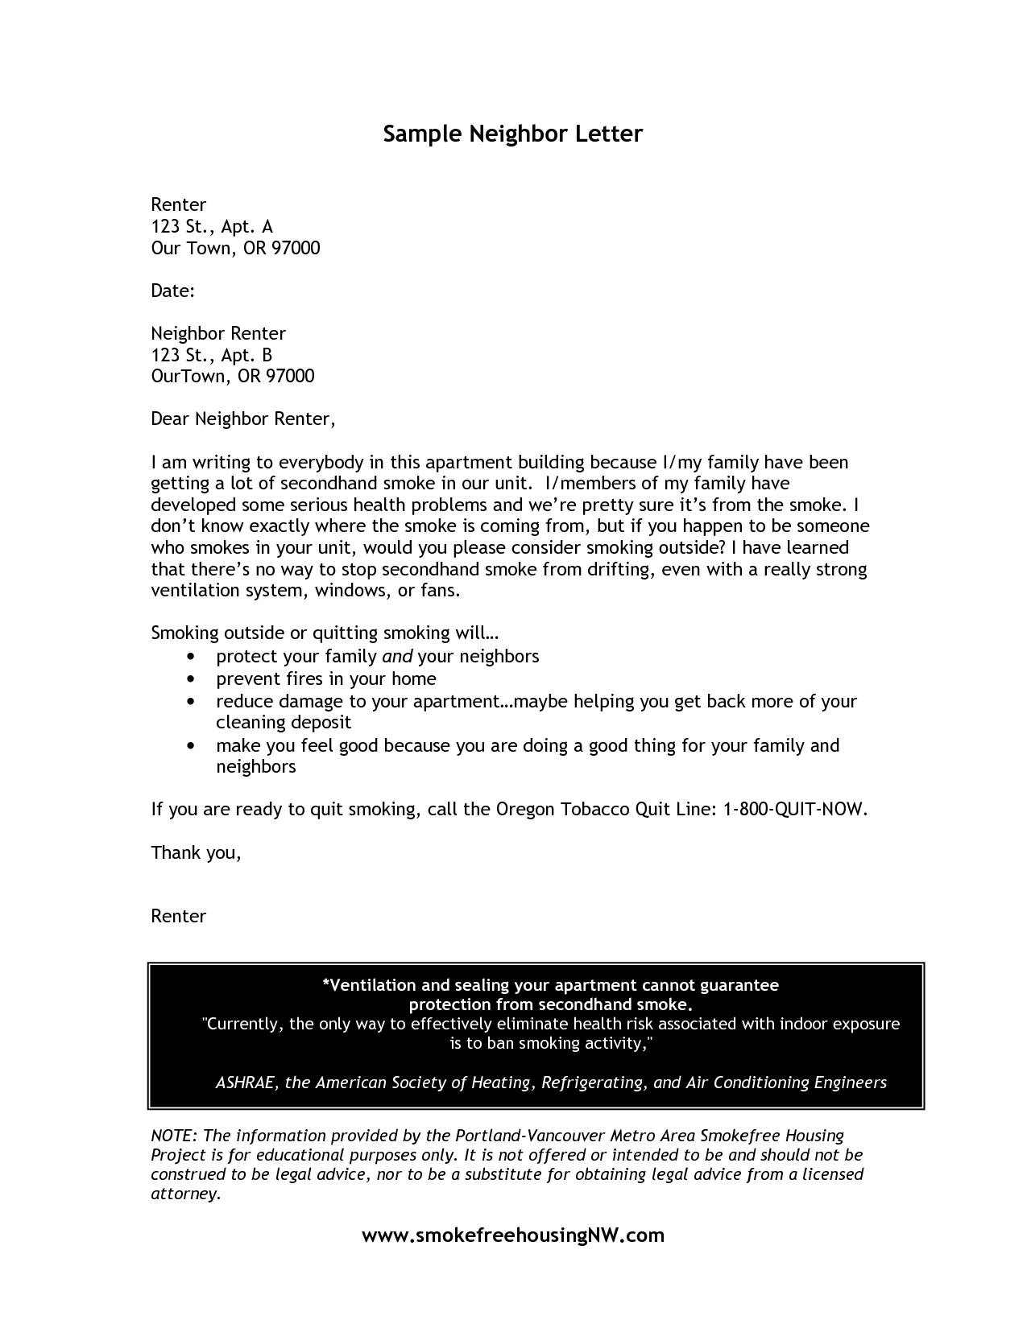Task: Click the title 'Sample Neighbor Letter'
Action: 513,134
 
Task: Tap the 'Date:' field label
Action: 173,291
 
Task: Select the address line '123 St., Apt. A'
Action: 212,227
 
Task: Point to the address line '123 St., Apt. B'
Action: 212,355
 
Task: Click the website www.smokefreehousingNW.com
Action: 513,1235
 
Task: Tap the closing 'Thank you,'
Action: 196,852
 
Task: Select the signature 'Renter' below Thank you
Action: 179,916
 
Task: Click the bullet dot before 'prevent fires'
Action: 190,679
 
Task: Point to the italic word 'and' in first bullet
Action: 397,656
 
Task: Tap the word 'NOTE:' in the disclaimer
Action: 173,1136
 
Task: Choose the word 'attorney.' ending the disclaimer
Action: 186,1194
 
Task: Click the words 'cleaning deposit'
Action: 284,723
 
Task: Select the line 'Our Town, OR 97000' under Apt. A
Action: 235,248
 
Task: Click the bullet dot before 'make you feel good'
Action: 190,746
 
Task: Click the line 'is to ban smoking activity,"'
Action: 551,1044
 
